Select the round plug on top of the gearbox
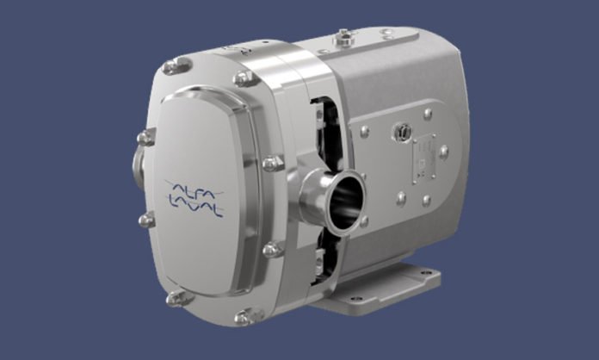click(x=346, y=35)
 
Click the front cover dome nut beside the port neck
click(x=273, y=163)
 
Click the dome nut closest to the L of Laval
click(x=147, y=220)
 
